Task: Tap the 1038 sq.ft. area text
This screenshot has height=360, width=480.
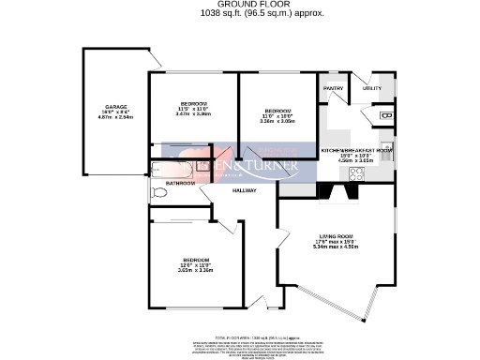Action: point(239,14)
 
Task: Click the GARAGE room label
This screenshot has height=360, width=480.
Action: point(116,107)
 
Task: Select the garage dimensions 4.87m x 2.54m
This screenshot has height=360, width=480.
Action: point(116,118)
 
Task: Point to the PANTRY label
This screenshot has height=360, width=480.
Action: point(335,89)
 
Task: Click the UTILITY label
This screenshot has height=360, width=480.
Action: point(372,89)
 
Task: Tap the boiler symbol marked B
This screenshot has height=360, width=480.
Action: point(387,115)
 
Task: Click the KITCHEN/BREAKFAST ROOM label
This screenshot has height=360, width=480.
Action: point(356,150)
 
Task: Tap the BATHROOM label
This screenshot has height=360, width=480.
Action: point(180,183)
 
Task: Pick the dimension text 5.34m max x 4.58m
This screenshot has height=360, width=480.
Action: point(335,247)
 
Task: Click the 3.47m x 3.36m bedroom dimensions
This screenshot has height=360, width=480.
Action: point(193,113)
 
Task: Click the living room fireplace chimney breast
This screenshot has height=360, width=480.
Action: point(336,191)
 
